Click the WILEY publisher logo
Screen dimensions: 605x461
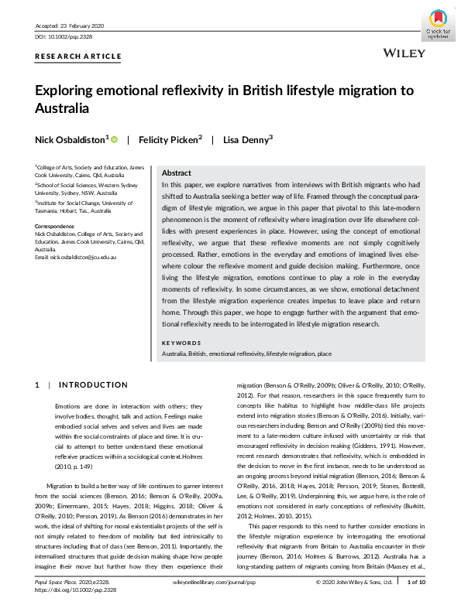(x=404, y=53)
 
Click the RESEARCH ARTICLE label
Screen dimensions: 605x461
(x=78, y=56)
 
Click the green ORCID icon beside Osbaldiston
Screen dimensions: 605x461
(x=115, y=140)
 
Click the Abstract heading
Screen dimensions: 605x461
(x=177, y=173)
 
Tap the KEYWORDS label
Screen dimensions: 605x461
(x=181, y=343)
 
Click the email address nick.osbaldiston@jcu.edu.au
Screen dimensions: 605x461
(x=81, y=255)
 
